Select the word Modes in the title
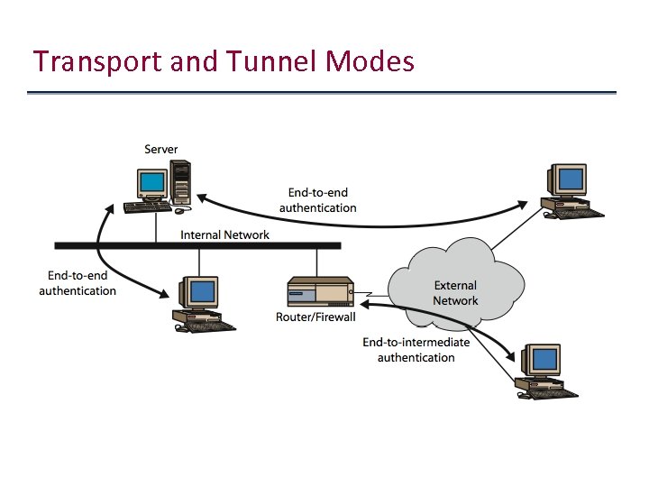(x=371, y=61)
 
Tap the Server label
(x=161, y=149)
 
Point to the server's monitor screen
(x=153, y=184)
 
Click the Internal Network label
(x=224, y=234)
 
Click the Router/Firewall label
(x=315, y=317)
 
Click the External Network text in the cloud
(x=455, y=293)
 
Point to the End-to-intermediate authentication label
(x=416, y=350)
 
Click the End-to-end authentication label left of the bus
(x=78, y=283)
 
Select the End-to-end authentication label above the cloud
(x=317, y=200)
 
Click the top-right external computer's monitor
(x=570, y=179)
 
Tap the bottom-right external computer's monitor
(x=544, y=360)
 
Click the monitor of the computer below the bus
(x=203, y=291)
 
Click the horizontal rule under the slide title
(x=322, y=92)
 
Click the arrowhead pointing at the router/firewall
(x=365, y=306)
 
